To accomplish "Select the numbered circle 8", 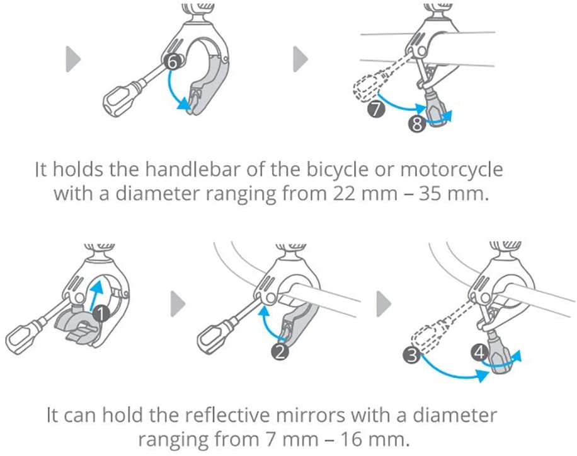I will [416, 125].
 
